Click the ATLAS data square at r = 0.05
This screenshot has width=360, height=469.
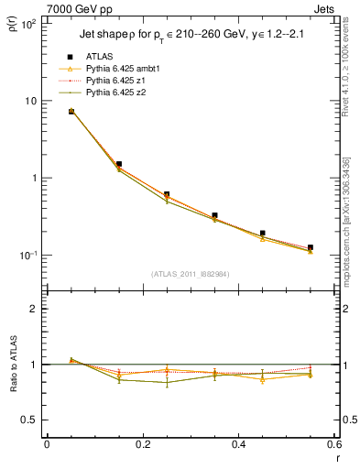[71, 111]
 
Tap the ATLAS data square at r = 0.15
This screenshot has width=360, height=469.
[119, 164]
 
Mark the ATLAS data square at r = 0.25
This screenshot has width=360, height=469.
[167, 194]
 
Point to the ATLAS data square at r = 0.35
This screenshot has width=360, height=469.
[214, 215]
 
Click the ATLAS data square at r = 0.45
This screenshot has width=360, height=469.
[262, 234]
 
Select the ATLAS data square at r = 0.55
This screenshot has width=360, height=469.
[310, 247]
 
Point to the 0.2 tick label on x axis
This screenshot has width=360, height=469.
[142, 444]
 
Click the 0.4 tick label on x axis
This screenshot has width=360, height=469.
[237, 444]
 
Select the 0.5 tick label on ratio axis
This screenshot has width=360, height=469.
[29, 420]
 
